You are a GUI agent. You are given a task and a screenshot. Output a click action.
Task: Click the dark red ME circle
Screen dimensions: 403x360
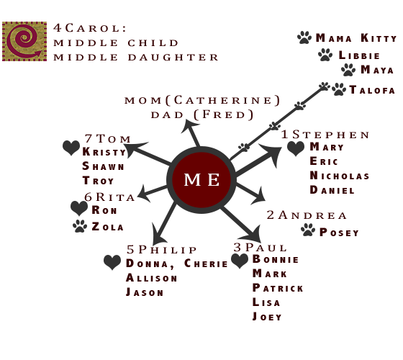201,180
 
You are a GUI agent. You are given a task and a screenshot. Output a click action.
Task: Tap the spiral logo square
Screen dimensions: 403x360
24,42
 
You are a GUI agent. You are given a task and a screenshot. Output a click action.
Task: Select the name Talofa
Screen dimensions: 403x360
372,90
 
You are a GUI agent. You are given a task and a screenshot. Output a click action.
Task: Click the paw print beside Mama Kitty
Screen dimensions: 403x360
304,37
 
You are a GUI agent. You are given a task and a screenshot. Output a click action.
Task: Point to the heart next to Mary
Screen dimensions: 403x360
296,148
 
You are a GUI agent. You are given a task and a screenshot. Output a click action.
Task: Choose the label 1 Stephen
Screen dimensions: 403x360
325,135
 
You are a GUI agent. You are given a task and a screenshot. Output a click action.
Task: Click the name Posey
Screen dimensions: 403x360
339,233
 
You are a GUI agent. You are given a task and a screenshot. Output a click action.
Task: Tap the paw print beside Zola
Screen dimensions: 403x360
80,226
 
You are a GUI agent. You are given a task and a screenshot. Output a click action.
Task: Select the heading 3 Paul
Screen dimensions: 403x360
260,248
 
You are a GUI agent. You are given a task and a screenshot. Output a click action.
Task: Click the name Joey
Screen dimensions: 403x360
267,317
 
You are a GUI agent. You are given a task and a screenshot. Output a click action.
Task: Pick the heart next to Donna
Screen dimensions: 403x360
112,262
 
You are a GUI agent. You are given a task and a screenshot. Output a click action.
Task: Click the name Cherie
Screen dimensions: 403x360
206,264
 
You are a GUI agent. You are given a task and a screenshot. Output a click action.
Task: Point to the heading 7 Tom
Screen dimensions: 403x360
108,138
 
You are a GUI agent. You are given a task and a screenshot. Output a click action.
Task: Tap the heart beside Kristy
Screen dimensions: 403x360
71,148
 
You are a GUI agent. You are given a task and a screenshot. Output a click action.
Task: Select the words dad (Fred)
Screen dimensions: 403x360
202,114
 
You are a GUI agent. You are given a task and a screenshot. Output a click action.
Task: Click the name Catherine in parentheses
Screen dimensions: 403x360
222,100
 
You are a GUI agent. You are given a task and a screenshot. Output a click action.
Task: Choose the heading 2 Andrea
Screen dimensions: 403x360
307,215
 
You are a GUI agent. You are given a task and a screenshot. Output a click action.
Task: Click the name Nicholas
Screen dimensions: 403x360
340,176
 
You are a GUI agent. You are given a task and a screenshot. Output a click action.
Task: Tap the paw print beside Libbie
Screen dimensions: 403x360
325,55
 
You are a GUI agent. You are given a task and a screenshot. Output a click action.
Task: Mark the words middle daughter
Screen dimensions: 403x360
136,58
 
